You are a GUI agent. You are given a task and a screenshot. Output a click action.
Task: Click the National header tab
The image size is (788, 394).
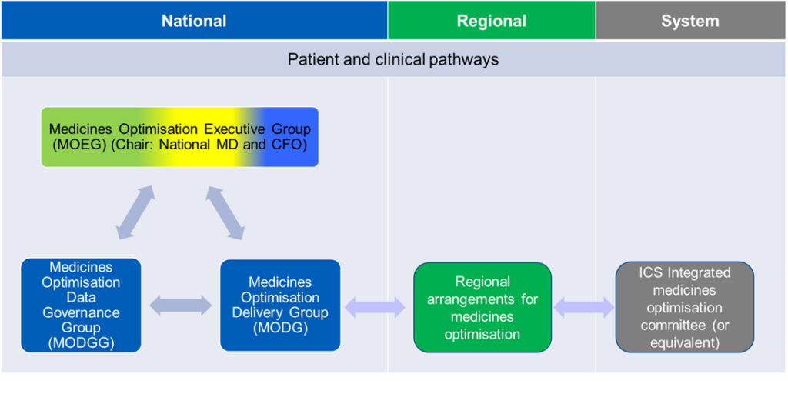[194, 20]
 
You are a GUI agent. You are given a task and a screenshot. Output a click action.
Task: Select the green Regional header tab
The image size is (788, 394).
[492, 20]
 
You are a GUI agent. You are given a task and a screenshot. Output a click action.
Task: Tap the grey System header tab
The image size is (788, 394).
[691, 20]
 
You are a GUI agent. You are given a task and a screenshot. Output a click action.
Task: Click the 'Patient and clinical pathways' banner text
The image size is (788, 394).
[393, 60]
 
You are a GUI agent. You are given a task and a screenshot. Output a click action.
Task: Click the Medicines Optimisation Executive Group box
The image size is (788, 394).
[179, 137]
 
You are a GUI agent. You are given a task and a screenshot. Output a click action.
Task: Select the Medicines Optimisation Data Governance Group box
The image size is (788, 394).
[81, 305]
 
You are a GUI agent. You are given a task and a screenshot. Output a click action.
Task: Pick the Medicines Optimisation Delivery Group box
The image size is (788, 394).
[280, 305]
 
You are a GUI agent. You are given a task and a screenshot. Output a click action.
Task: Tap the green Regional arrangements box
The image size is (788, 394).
[482, 306]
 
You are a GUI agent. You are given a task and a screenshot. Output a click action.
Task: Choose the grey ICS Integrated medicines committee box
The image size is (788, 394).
[684, 306]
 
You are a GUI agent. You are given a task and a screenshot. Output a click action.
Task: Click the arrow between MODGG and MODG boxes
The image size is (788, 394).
[181, 306]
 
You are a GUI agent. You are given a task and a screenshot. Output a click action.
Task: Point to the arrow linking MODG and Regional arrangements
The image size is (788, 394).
[375, 307]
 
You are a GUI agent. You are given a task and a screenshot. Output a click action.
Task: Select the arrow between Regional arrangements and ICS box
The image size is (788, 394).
[584, 307]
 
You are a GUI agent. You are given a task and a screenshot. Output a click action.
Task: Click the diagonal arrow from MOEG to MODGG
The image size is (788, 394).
[135, 212]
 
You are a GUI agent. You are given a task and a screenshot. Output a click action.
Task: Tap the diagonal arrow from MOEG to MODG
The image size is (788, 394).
[225, 212]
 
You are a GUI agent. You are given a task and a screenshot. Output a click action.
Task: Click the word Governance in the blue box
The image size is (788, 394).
[81, 312]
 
